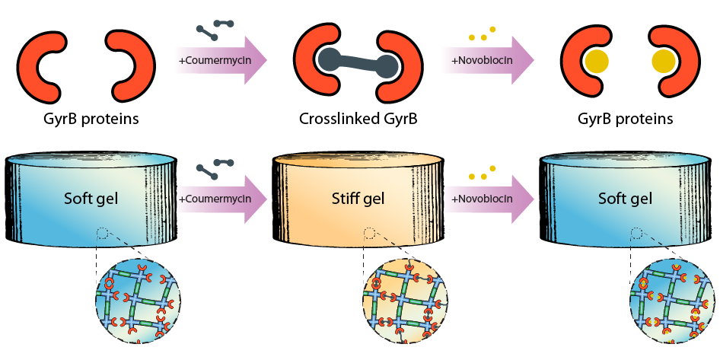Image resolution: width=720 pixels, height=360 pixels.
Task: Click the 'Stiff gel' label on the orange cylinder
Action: (x=357, y=199)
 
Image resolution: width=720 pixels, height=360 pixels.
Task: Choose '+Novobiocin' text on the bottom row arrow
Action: (x=481, y=199)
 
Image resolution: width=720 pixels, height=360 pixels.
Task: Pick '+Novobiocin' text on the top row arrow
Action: (x=481, y=59)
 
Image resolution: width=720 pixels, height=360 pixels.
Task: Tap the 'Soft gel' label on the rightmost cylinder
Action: (x=623, y=199)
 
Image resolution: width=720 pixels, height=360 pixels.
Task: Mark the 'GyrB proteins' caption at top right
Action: (x=625, y=119)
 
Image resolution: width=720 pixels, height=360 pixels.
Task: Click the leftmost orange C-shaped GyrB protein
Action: (x=46, y=62)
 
